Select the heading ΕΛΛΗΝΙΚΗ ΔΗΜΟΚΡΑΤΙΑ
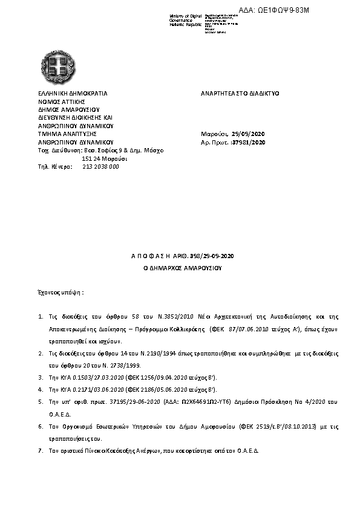(x=72, y=94)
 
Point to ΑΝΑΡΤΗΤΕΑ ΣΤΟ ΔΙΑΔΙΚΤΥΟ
(x=240, y=94)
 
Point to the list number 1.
(x=40, y=316)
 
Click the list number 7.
(x=40, y=451)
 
